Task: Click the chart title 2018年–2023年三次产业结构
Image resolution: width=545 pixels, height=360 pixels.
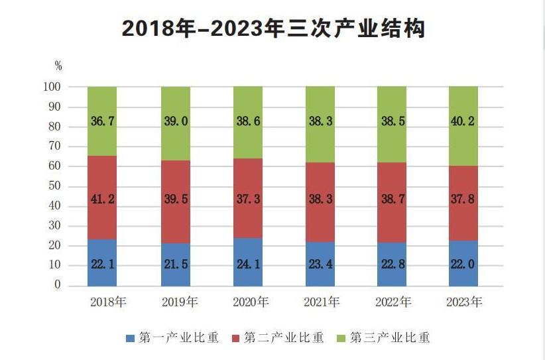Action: [x=272, y=29]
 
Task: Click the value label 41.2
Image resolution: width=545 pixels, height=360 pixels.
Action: [x=102, y=198]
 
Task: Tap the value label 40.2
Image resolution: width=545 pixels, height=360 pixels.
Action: [x=463, y=122]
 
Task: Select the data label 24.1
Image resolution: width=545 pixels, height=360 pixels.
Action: [x=248, y=265]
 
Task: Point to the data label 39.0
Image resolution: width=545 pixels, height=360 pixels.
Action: [x=176, y=122]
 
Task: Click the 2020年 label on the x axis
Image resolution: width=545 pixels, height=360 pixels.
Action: [x=250, y=302]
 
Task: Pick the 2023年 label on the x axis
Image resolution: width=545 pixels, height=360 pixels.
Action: [x=464, y=302]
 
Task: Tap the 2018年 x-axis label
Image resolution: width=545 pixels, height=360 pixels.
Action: [x=107, y=302]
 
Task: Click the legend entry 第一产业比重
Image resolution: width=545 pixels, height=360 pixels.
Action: [x=172, y=338]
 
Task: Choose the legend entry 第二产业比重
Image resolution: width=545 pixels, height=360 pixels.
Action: [x=278, y=338]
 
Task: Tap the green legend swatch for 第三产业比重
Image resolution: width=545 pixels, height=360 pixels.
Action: [x=341, y=338]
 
